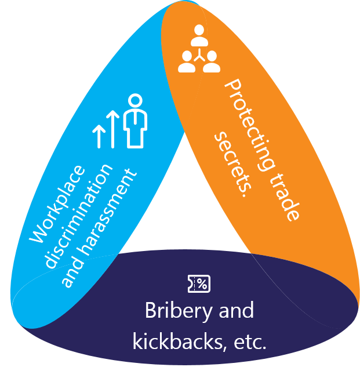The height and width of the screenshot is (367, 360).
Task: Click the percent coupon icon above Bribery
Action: click(199, 284)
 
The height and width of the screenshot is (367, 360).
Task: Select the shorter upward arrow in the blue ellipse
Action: click(100, 134)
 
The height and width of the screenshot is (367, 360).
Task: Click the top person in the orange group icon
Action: click(199, 34)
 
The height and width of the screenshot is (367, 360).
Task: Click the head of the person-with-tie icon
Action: click(136, 101)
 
